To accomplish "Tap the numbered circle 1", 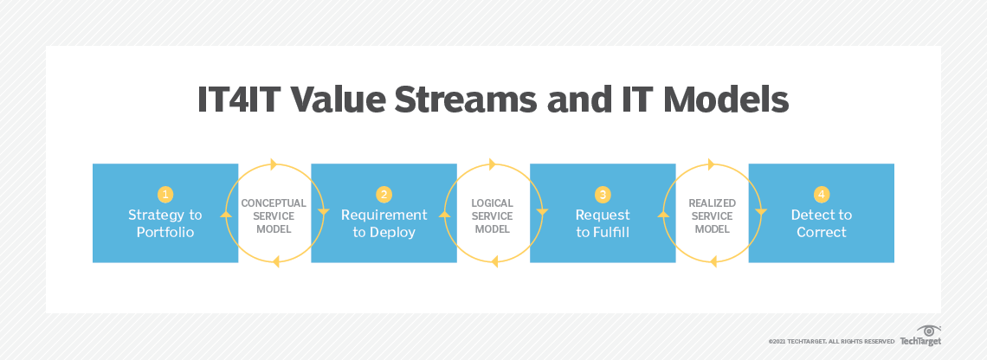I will pyautogui.click(x=165, y=195).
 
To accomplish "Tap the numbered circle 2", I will pyautogui.click(x=384, y=195).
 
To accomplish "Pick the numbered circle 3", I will pyautogui.click(x=603, y=195).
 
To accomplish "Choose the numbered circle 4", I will pyautogui.click(x=822, y=195).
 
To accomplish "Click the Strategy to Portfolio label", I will pyautogui.click(x=165, y=223).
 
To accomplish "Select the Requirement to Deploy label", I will pyautogui.click(x=384, y=223).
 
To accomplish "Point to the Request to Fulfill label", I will pyautogui.click(x=603, y=223).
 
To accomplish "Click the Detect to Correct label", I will pyautogui.click(x=822, y=223).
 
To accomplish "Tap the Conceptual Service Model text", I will pyautogui.click(x=274, y=216).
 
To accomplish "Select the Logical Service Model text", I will pyautogui.click(x=493, y=216).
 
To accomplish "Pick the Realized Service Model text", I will pyautogui.click(x=712, y=216).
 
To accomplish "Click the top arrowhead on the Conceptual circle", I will pyautogui.click(x=274, y=164).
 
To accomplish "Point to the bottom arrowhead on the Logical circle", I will pyautogui.click(x=492, y=261).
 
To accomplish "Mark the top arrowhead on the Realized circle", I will pyautogui.click(x=712, y=164).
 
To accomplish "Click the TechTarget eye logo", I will pyautogui.click(x=930, y=331).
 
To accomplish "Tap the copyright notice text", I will pyautogui.click(x=831, y=342).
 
